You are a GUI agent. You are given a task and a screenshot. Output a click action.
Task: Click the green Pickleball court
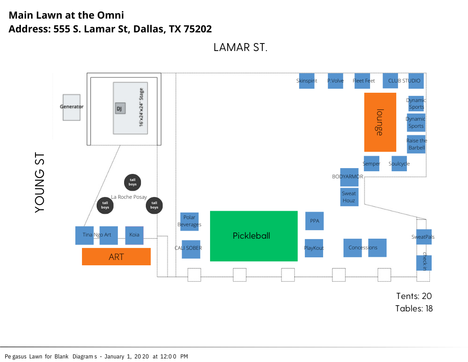[x=253, y=236]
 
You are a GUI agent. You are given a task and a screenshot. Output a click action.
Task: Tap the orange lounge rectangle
[x=380, y=122]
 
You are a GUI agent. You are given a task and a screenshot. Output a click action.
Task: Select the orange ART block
[x=116, y=256]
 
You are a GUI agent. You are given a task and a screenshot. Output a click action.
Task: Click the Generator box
[x=71, y=107]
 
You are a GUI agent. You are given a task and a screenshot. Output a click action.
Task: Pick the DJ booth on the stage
[x=120, y=108]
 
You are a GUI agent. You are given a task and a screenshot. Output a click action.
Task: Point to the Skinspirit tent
[x=307, y=81]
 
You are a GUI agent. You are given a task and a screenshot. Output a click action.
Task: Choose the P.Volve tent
[x=335, y=81]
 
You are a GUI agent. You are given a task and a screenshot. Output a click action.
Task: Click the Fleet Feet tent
[x=364, y=81]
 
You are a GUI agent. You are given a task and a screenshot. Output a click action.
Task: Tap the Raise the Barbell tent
[x=416, y=144]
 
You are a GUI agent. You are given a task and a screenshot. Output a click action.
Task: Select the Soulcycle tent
[x=399, y=164]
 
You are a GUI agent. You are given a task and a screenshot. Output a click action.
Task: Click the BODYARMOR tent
[x=349, y=177]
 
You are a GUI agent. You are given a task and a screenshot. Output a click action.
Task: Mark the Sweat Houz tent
[x=349, y=197]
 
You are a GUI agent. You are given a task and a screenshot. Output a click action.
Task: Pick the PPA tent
[x=314, y=220]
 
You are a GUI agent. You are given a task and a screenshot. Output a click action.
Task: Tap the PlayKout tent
[x=314, y=248]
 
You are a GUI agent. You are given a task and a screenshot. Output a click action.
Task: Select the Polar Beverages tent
[x=189, y=221]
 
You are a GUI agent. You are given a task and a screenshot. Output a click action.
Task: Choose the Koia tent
[x=134, y=235]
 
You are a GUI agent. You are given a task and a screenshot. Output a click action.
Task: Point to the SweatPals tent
[x=424, y=237]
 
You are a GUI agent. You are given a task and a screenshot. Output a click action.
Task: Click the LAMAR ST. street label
[x=240, y=47]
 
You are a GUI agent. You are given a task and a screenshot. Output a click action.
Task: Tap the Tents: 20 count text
[x=414, y=296]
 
